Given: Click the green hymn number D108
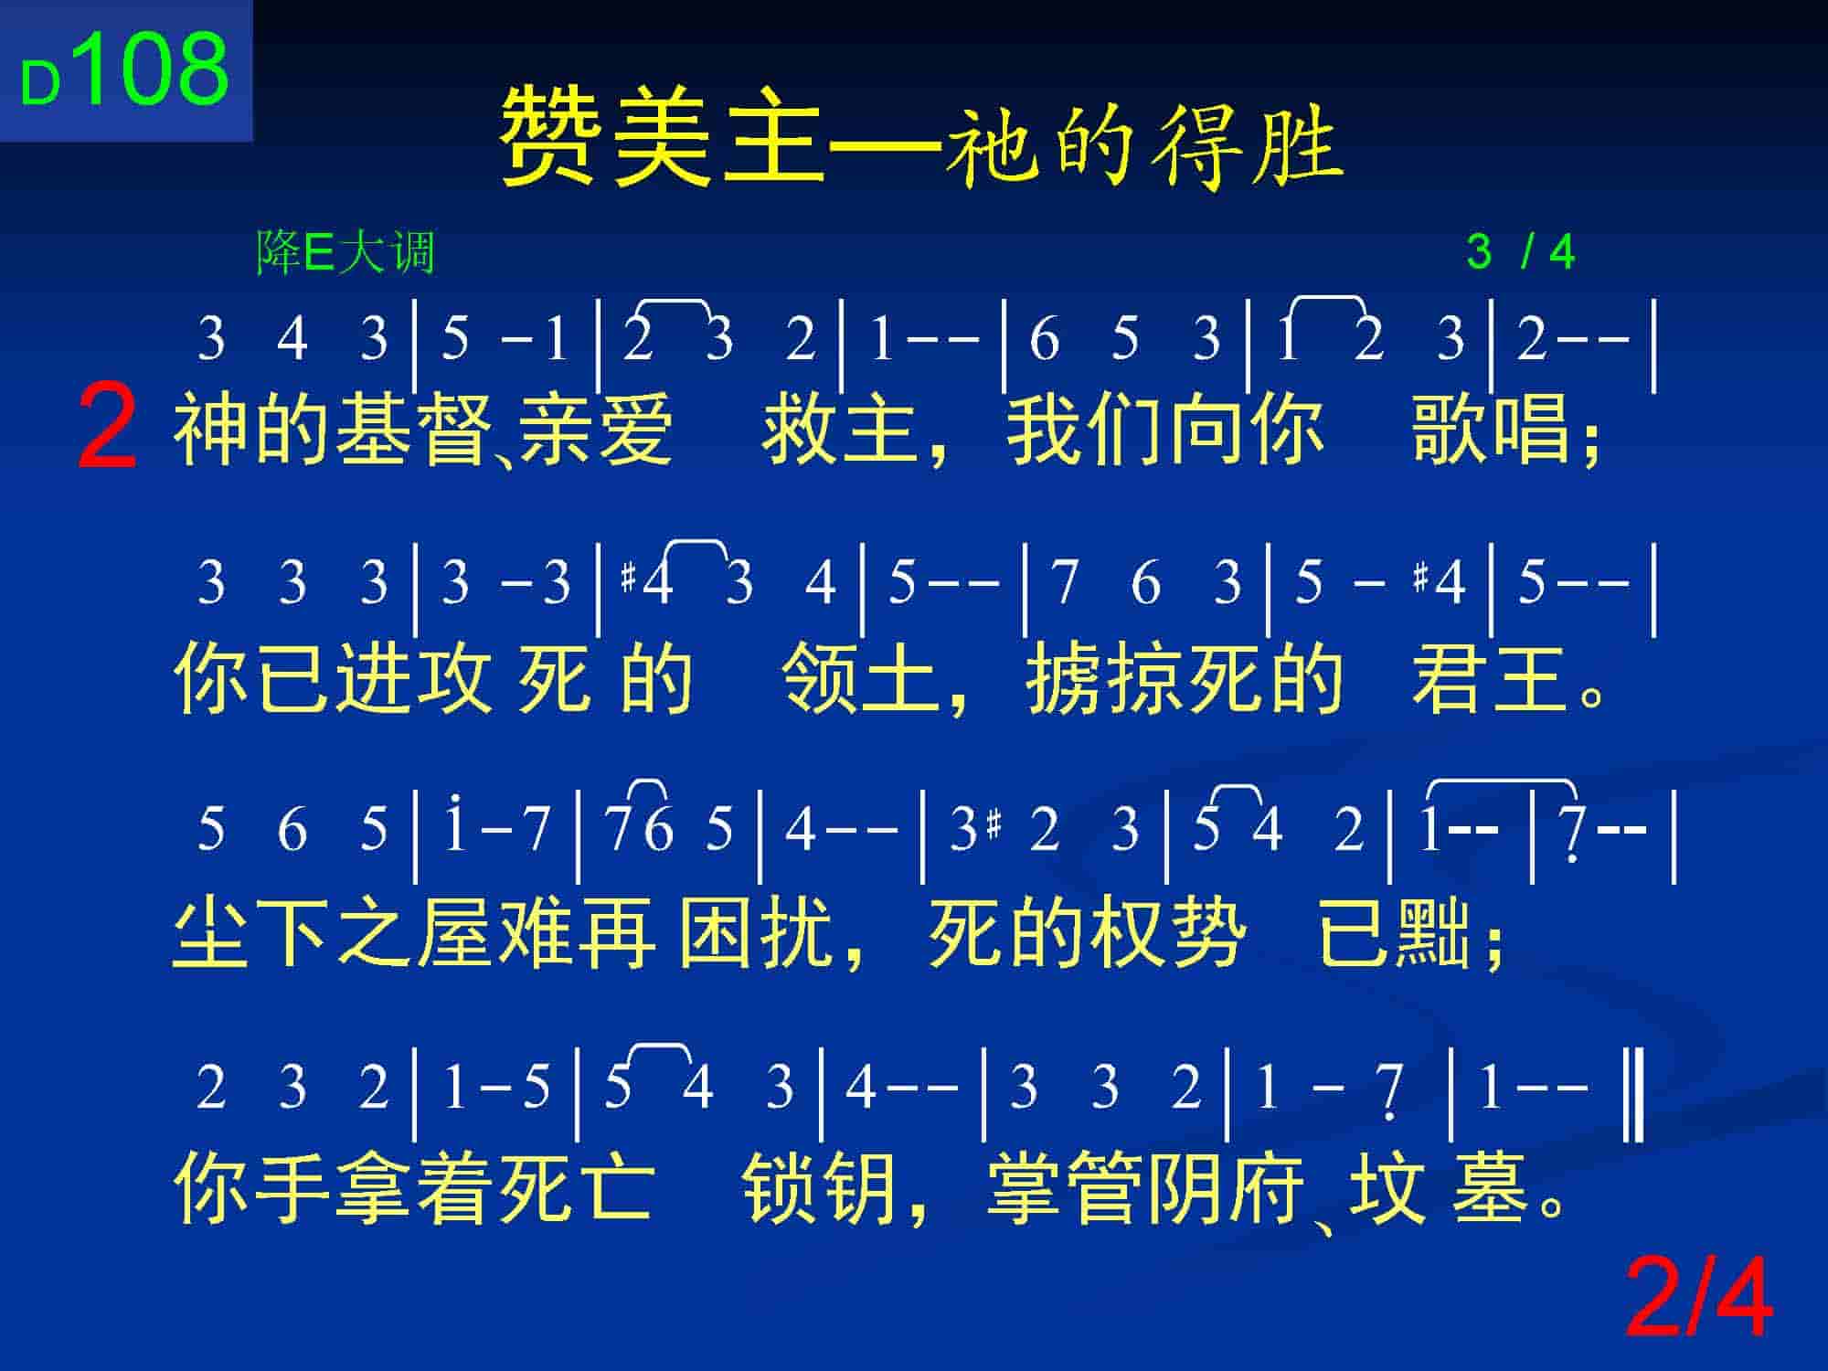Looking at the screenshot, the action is pyautogui.click(x=124, y=70).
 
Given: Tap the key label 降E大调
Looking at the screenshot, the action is pyautogui.click(x=345, y=252).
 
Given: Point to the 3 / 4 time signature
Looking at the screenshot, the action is pyautogui.click(x=1521, y=252).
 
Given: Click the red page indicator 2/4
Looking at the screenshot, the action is pyautogui.click(x=1698, y=1299).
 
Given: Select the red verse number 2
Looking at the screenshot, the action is pyautogui.click(x=108, y=427).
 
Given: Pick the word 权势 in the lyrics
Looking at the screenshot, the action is pyautogui.click(x=1166, y=932).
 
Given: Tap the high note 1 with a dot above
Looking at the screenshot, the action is pyautogui.click(x=455, y=824).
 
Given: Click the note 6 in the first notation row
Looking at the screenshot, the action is pyautogui.click(x=1044, y=338).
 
